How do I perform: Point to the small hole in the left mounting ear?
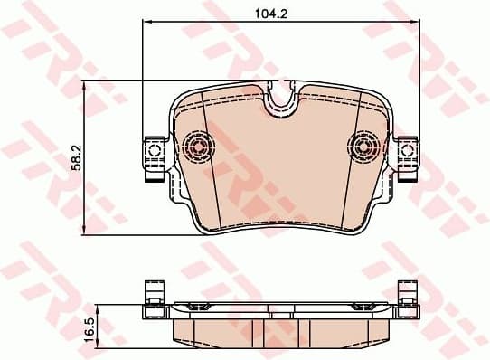153,148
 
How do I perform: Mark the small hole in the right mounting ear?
408,148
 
